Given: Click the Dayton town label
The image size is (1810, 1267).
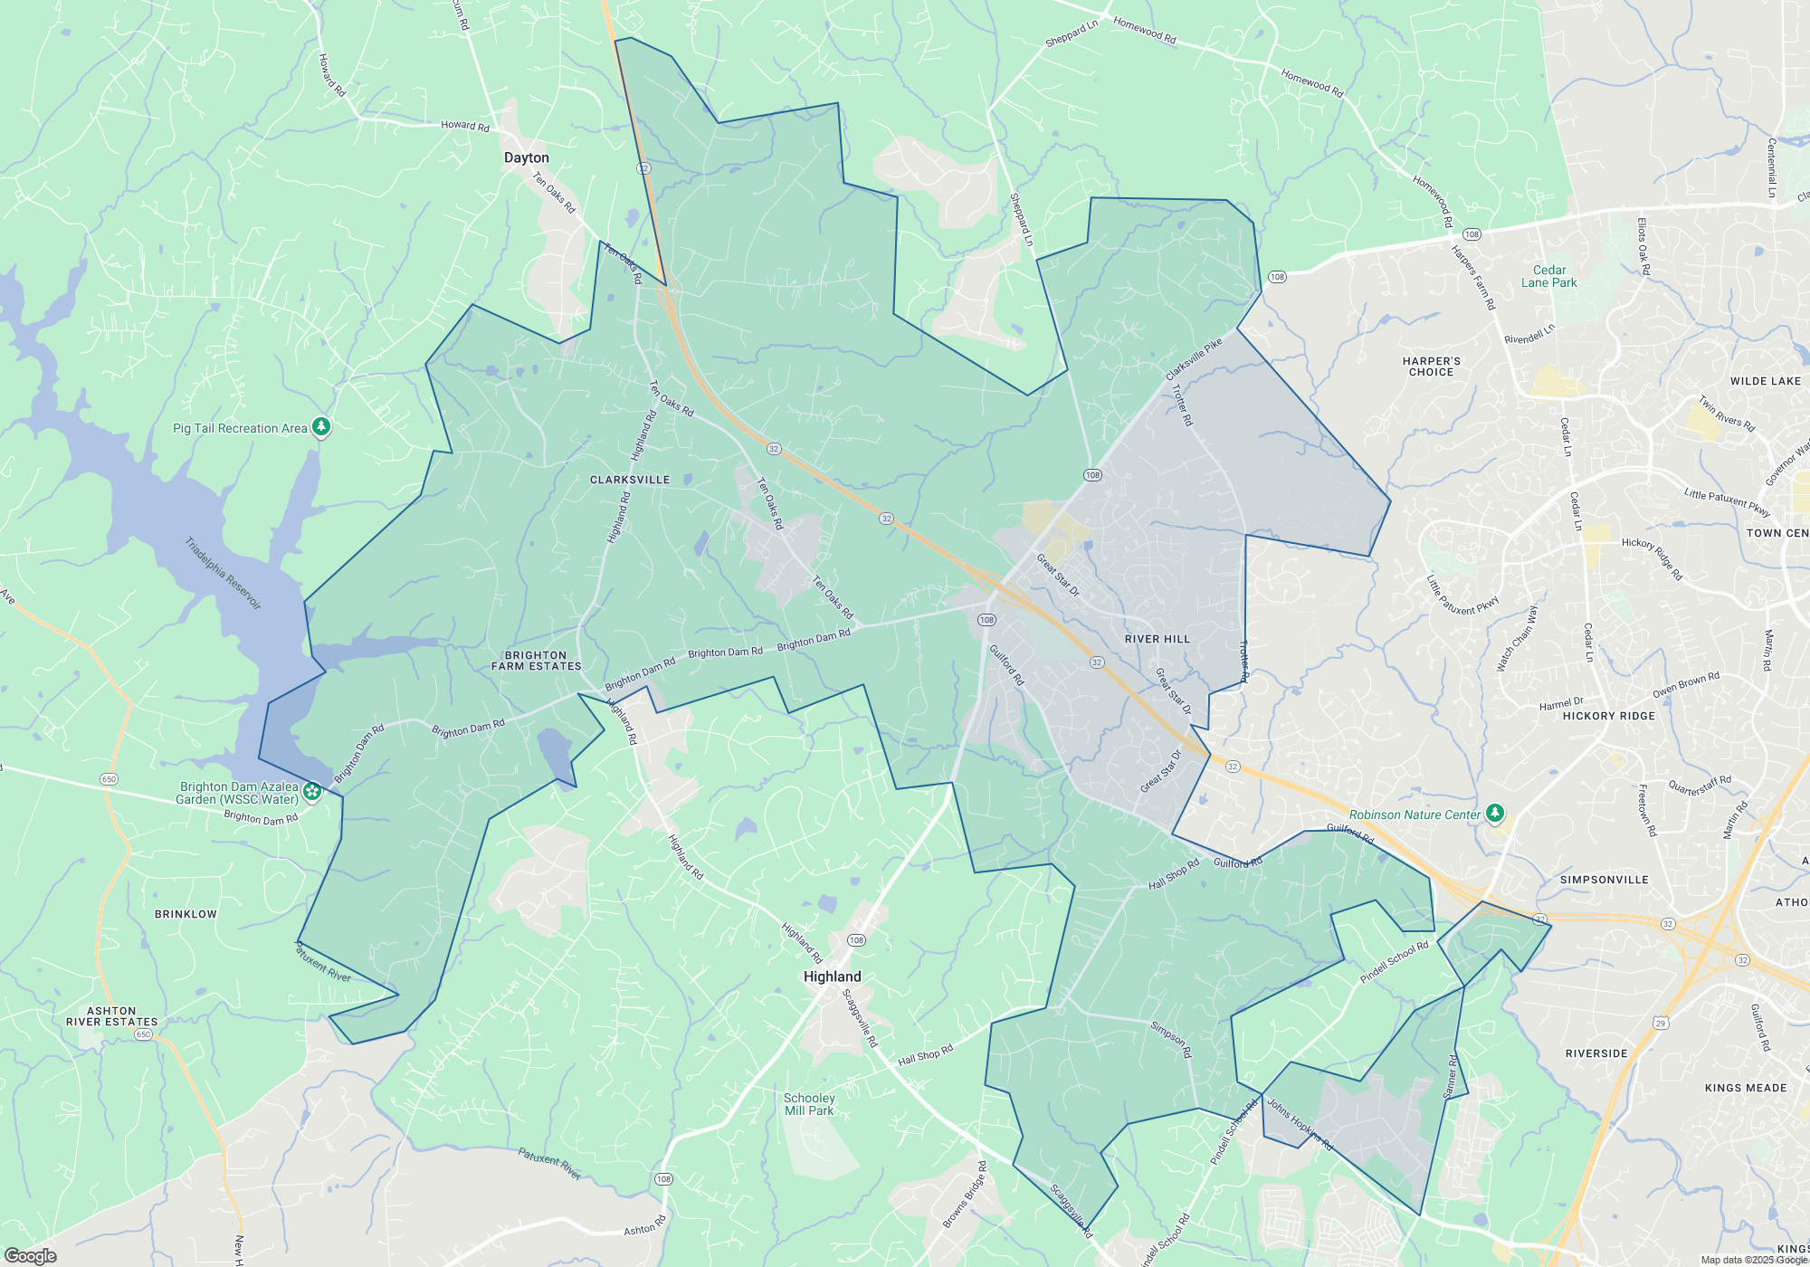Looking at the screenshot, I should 526,157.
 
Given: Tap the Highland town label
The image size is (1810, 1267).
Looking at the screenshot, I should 832,976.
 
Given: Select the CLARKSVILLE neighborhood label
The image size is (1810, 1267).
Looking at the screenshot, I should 630,480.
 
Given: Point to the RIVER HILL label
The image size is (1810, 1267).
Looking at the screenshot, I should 1157,639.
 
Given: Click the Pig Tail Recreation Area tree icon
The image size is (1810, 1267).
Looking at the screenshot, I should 321,426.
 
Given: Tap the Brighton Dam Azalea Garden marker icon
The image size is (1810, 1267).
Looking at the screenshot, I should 312,792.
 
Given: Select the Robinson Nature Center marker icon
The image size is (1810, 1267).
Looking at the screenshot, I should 1495,814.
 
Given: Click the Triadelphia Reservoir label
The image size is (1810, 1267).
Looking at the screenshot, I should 223,573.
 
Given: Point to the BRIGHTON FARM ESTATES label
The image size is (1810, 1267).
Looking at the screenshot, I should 536,661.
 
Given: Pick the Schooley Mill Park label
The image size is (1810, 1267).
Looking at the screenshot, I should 809,1104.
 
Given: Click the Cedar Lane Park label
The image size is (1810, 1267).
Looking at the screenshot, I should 1548,276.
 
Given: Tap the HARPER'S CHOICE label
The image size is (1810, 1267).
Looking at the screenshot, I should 1431,367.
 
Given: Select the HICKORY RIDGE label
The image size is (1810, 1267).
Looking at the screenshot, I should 1608,716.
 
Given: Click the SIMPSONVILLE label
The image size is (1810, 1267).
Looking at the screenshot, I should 1604,880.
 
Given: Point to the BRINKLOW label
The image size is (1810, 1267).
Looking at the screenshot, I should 186,914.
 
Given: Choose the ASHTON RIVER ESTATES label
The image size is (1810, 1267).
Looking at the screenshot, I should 111,1016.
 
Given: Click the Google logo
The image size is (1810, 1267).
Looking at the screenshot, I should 31,1255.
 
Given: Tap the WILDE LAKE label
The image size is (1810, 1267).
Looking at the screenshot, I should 1765,381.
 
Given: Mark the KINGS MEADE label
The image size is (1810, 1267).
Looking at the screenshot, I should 1745,1088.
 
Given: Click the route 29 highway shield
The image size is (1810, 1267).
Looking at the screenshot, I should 1660,1024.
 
